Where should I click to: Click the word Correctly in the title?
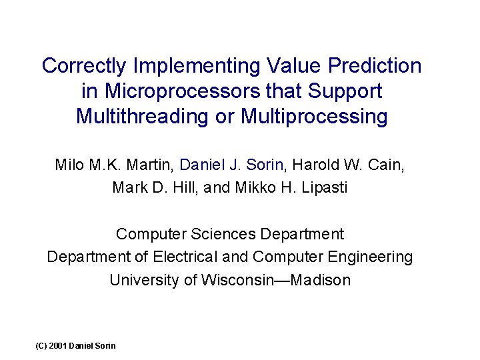pyautogui.click(x=85, y=66)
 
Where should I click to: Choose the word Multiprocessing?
pyautogui.click(x=314, y=116)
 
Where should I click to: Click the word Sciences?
pyautogui.click(x=225, y=234)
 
